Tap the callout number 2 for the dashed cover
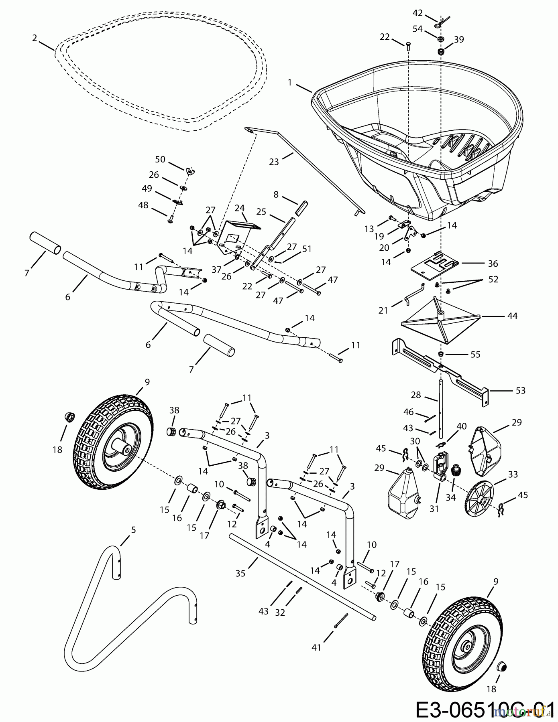tap(35, 38)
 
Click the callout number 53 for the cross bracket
tap(520, 390)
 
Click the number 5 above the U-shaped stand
tap(133, 530)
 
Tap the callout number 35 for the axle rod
tap(240, 573)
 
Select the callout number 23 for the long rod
tap(274, 162)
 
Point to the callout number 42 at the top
tap(417, 13)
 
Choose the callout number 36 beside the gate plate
tap(493, 264)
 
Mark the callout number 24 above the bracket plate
tap(239, 208)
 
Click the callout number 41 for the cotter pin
tap(316, 647)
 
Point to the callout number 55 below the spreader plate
tap(475, 354)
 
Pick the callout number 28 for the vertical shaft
tap(416, 395)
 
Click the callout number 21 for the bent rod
tap(383, 310)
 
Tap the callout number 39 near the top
tap(459, 39)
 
